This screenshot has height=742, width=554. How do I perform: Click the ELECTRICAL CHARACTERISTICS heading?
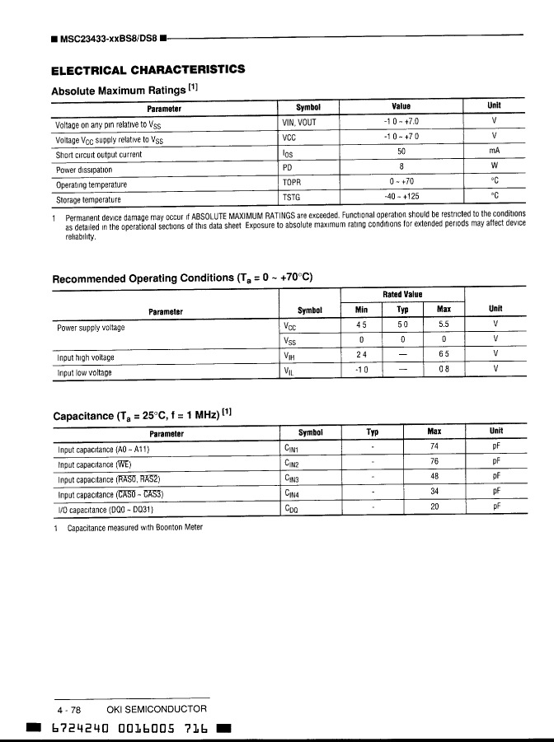[148, 69]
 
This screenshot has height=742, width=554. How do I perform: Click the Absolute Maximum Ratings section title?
[124, 90]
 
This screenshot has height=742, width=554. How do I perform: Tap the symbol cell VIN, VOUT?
[299, 122]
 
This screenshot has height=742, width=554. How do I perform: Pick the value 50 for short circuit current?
[401, 152]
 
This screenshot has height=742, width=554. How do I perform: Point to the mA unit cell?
[495, 152]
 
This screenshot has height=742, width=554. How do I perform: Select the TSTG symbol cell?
[293, 199]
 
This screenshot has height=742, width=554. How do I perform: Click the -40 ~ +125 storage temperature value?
[401, 198]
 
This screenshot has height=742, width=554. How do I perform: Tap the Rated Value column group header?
[402, 294]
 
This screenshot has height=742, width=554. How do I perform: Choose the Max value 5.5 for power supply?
[444, 325]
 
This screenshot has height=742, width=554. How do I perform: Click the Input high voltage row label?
[86, 357]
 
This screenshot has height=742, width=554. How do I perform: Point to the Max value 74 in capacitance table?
[434, 446]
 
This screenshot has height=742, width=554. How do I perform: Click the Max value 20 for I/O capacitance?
[434, 507]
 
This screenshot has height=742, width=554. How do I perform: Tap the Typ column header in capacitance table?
[372, 432]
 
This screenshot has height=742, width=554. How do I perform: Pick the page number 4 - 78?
[69, 709]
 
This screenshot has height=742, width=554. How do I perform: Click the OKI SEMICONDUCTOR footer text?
[157, 709]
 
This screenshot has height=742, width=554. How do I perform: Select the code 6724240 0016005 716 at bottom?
[129, 729]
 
